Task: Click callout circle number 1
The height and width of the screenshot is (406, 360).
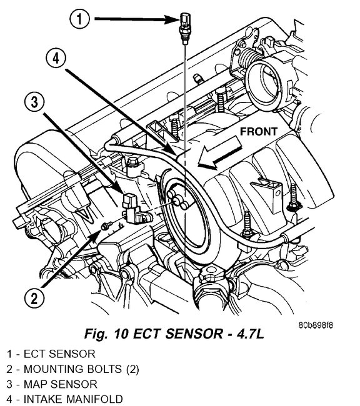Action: [x=79, y=19]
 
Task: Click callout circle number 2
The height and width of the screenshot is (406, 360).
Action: [x=34, y=299]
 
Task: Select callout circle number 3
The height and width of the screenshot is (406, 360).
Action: [x=34, y=102]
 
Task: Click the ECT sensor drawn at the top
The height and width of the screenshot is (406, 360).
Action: [x=184, y=28]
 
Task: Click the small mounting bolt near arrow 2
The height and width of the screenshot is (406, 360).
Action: [x=107, y=225]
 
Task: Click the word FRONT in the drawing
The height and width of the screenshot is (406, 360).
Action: [x=258, y=132]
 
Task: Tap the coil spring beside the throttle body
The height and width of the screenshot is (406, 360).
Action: [x=247, y=60]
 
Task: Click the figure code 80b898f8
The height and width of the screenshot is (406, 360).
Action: [x=316, y=325]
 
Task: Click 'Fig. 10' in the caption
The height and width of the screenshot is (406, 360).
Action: [x=106, y=334]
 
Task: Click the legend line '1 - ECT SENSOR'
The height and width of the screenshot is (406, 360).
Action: [x=51, y=354]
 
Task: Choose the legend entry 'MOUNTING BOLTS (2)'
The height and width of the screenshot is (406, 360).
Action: [x=81, y=370]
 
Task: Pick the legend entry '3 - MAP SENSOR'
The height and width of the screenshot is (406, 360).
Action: [x=52, y=384]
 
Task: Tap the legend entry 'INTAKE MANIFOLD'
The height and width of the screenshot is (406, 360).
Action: [x=73, y=400]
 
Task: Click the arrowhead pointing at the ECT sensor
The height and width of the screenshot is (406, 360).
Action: [x=172, y=19]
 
